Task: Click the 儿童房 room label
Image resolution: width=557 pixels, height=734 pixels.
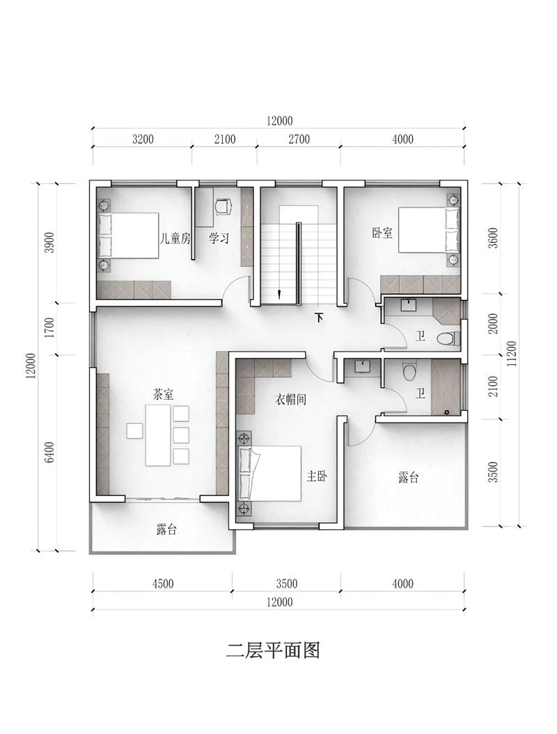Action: pos(175,239)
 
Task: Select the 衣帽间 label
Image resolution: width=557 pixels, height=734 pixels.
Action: pos(290,399)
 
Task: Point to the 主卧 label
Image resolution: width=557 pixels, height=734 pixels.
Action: pos(317,476)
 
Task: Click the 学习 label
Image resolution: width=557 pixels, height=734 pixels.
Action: pos(219,239)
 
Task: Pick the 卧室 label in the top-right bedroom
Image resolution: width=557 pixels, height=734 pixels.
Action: pos(382,233)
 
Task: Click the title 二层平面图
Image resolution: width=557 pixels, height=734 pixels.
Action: pos(273,650)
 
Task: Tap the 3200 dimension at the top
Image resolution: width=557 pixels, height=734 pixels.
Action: pos(143,139)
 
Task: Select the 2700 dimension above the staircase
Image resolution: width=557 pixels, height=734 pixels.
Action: pos(299,139)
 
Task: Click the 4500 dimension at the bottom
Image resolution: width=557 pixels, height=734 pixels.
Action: pos(163,584)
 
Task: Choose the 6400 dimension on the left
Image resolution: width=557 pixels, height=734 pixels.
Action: pos(50,452)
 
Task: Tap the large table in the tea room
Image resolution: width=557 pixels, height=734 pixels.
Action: pos(158,435)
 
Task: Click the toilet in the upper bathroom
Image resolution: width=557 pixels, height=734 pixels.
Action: pos(448,338)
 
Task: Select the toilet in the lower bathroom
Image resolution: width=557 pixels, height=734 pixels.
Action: pos(410,372)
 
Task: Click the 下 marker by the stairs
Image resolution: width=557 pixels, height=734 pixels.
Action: pos(319,318)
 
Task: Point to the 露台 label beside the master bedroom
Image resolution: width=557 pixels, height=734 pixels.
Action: pos(408,478)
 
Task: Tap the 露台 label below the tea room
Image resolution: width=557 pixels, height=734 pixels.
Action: pos(166,529)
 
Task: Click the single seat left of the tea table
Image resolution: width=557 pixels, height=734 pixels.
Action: pos(134,430)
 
